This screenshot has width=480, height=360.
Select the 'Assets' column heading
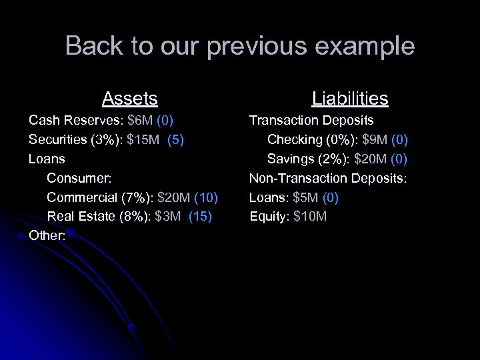point(130,99)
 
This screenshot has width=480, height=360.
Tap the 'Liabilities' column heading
point(350,99)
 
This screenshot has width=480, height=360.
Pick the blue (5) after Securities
point(177,140)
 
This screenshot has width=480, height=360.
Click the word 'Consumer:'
point(79,179)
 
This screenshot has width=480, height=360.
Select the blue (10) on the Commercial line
point(205,198)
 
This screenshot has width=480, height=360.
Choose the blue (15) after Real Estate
point(201,217)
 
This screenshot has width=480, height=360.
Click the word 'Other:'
point(47,237)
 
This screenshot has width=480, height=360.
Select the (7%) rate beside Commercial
point(127,198)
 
